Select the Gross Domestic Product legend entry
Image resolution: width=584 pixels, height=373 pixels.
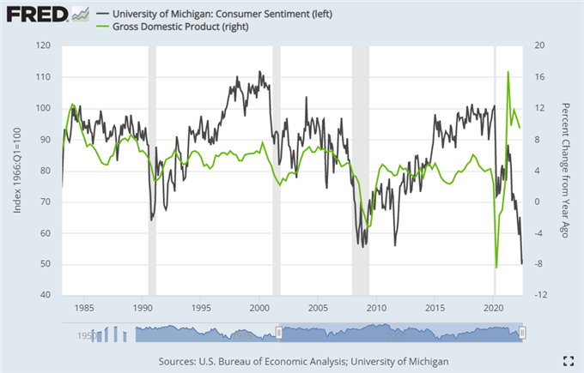179,27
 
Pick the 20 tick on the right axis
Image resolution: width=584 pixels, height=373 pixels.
540,45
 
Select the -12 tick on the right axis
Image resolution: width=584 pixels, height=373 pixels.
541,296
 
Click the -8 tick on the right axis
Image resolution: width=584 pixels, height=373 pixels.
540,264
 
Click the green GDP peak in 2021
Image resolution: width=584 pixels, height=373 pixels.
508,73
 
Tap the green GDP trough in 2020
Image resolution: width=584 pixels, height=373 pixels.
496,267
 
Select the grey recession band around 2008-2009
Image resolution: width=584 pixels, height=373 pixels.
360,171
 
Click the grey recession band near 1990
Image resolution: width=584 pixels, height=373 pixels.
153,171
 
